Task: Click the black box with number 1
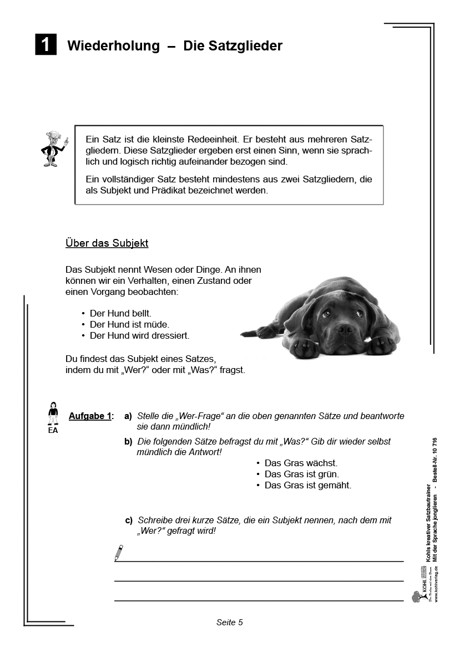pos(46,45)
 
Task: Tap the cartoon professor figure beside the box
pos(53,149)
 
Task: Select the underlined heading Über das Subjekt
pos(107,243)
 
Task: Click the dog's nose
pos(344,329)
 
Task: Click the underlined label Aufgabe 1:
pos(91,416)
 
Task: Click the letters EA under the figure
pos(53,430)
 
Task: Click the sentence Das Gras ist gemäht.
pos(307,485)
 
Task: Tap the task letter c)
pos(129,521)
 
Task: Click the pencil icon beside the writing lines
pos(118,552)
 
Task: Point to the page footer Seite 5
pos(229,622)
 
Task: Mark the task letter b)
pos(128,442)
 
